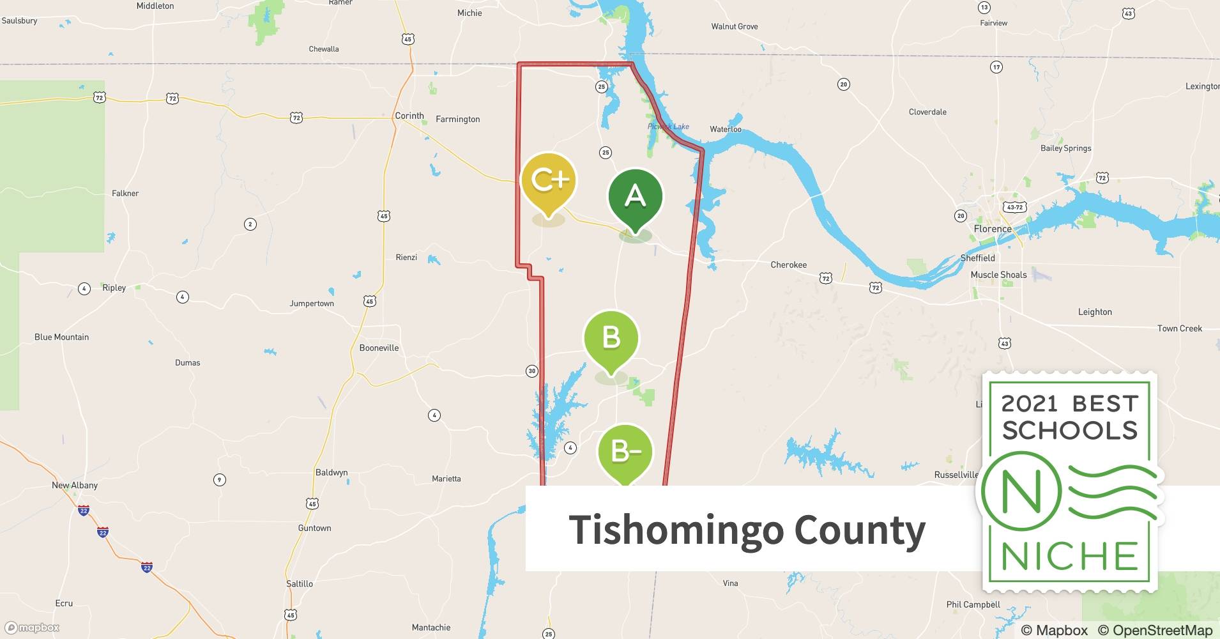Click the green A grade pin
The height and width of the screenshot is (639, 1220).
tap(635, 196)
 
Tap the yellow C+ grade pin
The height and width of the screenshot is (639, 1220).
tap(549, 181)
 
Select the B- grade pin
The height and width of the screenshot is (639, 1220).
tap(625, 452)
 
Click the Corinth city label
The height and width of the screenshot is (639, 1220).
tap(409, 116)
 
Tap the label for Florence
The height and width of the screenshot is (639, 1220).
tap(992, 229)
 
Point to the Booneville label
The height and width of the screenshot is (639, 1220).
tap(379, 348)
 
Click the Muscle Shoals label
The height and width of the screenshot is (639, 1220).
tap(998, 275)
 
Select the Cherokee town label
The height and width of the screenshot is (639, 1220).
tap(788, 265)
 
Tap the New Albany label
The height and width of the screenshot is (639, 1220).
tap(75, 485)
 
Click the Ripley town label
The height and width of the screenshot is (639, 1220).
tap(114, 288)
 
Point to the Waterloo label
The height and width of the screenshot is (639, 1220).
tap(726, 129)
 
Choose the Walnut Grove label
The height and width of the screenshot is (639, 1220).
tap(735, 26)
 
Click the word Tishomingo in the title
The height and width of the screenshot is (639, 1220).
tap(676, 530)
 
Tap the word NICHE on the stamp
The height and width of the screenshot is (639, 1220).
tap(1069, 557)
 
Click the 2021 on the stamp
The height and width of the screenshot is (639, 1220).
tap(1028, 404)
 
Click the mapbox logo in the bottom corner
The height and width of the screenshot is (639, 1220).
tap(32, 627)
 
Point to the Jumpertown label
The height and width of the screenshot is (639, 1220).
tap(312, 304)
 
